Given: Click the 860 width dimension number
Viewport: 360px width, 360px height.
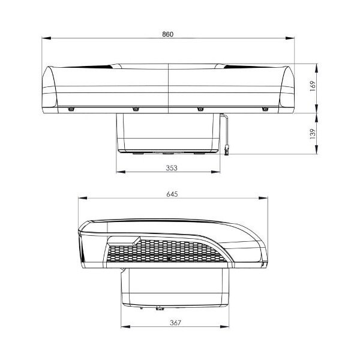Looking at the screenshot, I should (167, 34).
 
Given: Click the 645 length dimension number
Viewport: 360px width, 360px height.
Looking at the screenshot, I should (173, 194).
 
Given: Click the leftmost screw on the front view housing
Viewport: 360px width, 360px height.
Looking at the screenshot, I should (71, 109).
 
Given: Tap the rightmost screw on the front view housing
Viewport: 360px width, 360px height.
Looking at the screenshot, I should (264, 109).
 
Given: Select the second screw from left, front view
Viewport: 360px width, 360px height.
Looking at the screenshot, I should (135, 109).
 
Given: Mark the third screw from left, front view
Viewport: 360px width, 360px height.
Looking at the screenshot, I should (200, 109).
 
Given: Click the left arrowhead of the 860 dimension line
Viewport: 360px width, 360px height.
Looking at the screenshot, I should (44, 40).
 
